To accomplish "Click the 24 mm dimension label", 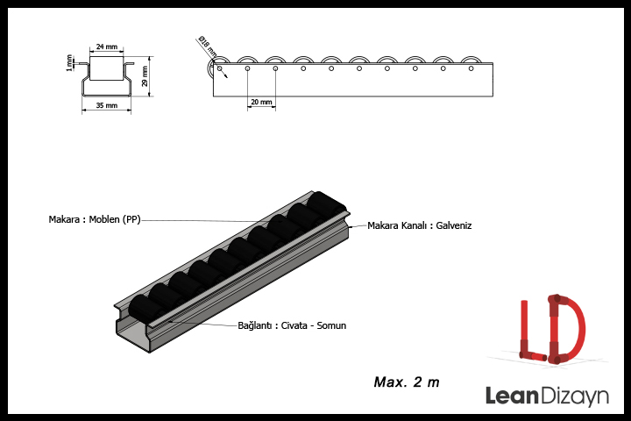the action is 107,46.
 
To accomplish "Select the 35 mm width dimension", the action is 107,105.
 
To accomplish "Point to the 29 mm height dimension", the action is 145,76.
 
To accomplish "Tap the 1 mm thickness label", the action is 69,63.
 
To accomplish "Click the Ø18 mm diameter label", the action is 208,46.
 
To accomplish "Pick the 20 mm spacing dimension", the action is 261,102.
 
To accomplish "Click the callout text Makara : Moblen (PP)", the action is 95,219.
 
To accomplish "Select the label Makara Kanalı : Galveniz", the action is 419,225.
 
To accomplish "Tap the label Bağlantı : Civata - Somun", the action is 292,325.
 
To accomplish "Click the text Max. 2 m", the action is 407,382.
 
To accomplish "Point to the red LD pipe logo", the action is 552,329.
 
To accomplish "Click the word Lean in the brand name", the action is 512,396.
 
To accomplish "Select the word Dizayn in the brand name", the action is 574,396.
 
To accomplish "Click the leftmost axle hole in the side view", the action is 220,68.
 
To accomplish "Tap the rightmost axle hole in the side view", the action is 471,68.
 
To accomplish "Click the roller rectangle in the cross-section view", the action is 107,68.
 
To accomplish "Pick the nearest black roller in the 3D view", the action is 143,308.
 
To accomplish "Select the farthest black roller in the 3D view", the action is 328,203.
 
